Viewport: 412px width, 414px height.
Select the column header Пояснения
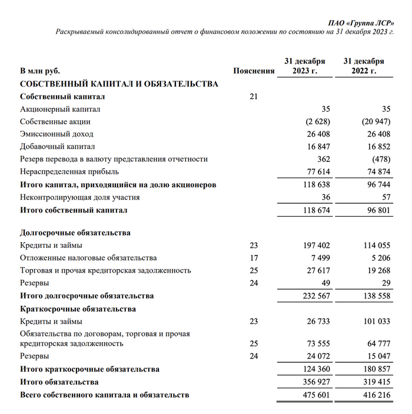tap(254, 71)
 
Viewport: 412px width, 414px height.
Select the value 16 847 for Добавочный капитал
tap(317, 147)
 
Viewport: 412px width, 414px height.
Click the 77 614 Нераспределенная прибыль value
tap(317, 172)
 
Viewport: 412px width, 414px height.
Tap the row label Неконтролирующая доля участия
tap(80, 197)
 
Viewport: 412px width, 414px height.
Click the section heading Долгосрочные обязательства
tap(75, 233)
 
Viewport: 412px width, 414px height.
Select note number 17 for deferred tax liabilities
tap(254, 258)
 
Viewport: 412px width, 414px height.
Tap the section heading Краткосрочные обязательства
tap(78, 309)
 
